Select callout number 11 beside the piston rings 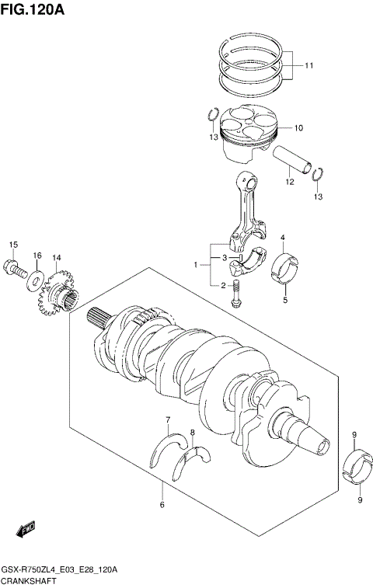coord(309,66)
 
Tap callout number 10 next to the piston coord(298,127)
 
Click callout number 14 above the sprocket coord(56,257)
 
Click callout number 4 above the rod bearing coord(283,237)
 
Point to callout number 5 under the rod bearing coord(284,301)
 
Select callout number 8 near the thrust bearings coord(192,432)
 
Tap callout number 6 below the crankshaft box coord(162,505)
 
